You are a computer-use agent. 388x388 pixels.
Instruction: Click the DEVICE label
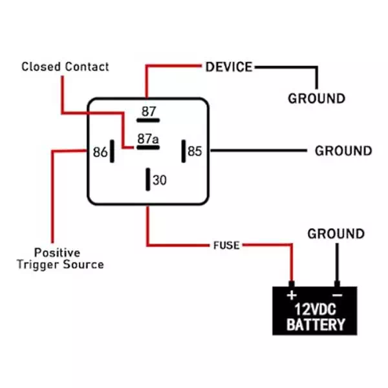pos(229,66)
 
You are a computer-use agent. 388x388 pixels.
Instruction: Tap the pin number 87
pos(149,111)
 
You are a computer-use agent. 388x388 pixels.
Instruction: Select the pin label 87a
pos(147,138)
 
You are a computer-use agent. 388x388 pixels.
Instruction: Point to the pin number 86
pos(100,153)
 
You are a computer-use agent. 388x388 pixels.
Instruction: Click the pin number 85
pos(195,151)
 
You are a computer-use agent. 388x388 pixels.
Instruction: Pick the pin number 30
pos(160,180)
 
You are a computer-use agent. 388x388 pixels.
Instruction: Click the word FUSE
pos(226,246)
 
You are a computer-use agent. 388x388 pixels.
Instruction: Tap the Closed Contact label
pos(65,67)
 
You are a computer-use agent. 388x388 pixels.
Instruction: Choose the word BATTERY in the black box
pos(315,324)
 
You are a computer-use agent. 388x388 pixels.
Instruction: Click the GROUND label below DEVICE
pos(316,99)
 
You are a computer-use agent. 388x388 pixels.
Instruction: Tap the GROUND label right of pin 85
pos(343,151)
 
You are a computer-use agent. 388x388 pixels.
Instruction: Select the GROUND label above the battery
pos(336,233)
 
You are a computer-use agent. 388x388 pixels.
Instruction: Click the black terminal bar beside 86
pos(113,152)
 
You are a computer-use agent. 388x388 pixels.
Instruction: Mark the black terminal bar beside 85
pos(183,151)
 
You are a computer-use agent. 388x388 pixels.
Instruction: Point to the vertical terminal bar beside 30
pos(149,179)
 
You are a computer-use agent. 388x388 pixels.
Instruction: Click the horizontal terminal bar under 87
pos(149,120)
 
